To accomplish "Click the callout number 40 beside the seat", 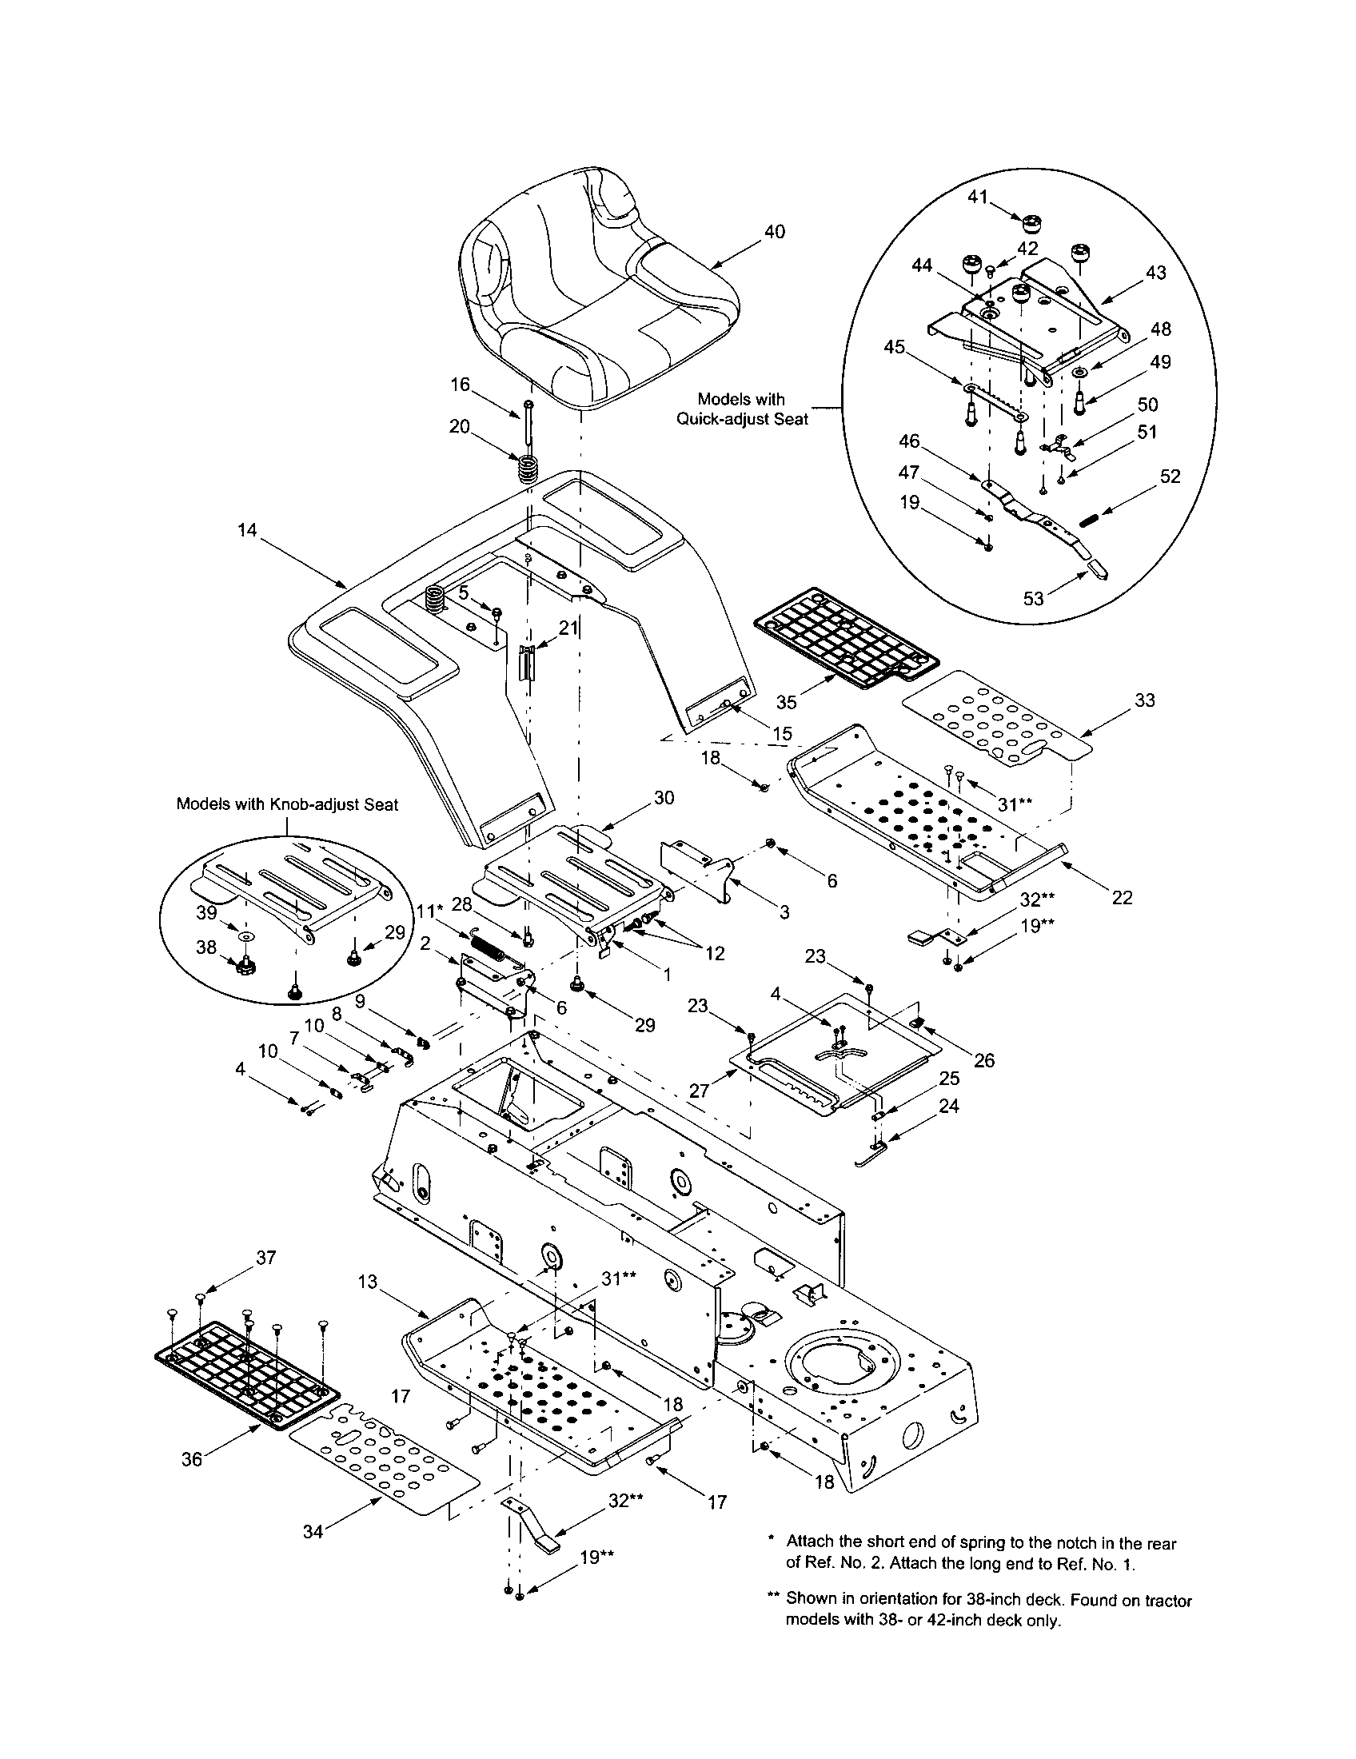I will [x=774, y=232].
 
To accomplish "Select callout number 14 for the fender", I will [x=247, y=530].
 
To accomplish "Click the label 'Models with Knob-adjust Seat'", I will [x=288, y=804].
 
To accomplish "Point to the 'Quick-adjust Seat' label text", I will [x=742, y=419].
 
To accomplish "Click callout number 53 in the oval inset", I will [x=1032, y=598].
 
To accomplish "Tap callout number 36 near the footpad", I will [x=192, y=1459].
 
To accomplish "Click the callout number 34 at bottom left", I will [x=313, y=1532].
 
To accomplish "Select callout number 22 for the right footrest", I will [x=1122, y=897].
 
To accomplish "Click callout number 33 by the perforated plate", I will [x=1144, y=700].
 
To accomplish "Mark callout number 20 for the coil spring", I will [x=460, y=427].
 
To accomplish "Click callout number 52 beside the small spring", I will [x=1170, y=476].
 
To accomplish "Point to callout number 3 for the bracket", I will [x=784, y=912].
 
